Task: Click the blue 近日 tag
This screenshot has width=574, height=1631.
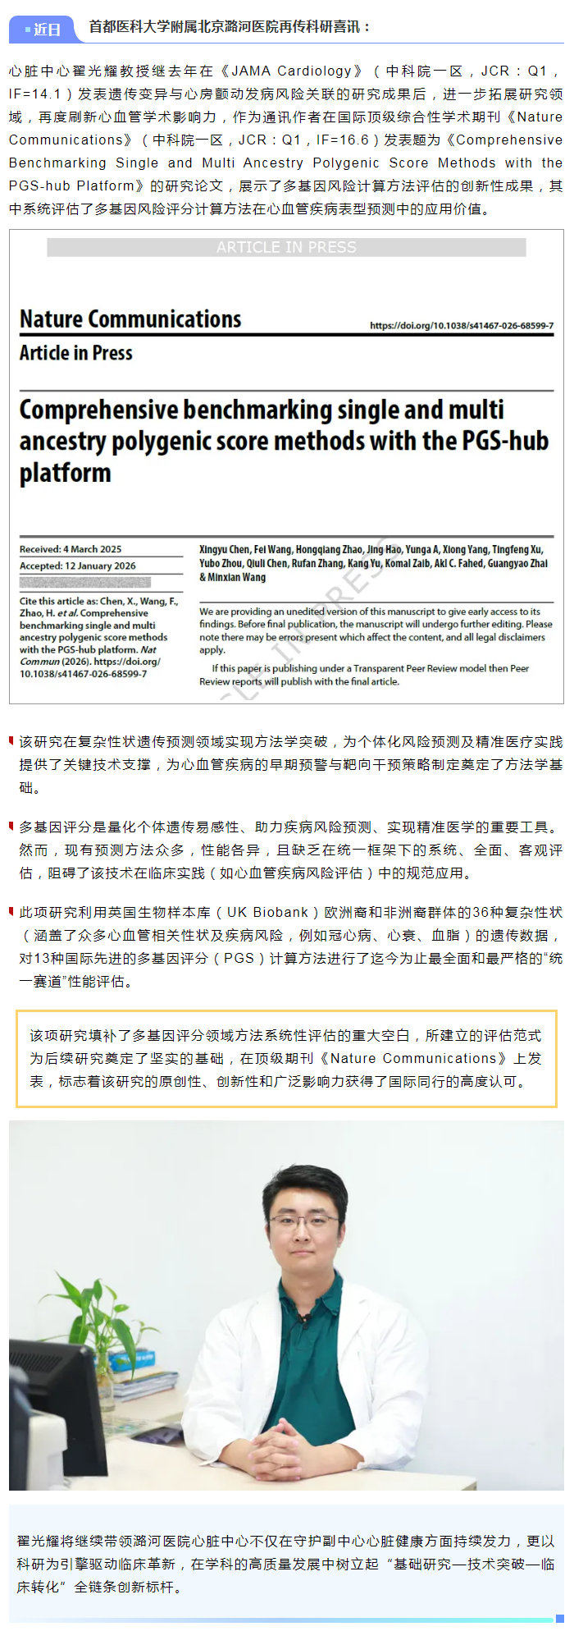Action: pos(43,30)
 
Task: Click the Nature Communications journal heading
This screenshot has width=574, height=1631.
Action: pos(130,319)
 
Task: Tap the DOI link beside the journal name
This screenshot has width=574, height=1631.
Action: pos(461,326)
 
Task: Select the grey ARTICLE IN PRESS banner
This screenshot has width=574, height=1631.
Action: pos(286,247)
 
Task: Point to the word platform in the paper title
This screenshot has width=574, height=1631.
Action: pos(65,474)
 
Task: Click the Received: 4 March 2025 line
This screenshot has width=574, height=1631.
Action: pos(71,549)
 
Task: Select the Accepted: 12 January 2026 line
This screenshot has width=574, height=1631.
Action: pos(78,566)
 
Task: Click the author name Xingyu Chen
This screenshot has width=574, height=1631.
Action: pos(224,549)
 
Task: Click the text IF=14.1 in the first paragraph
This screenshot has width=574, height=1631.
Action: pos(35,94)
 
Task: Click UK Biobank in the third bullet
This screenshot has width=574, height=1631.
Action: pos(267,912)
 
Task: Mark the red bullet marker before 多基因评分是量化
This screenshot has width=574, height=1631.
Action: pos(11,826)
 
